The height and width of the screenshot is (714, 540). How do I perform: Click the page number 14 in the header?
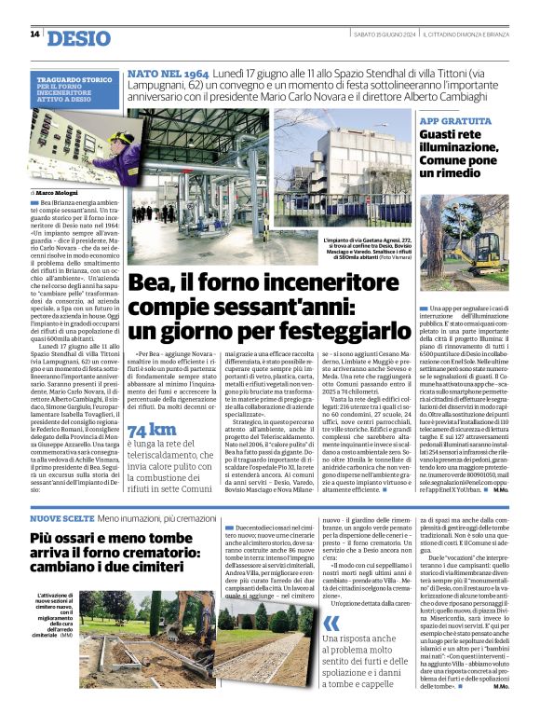coord(34,34)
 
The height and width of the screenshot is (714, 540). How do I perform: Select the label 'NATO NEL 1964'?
coord(169,72)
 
